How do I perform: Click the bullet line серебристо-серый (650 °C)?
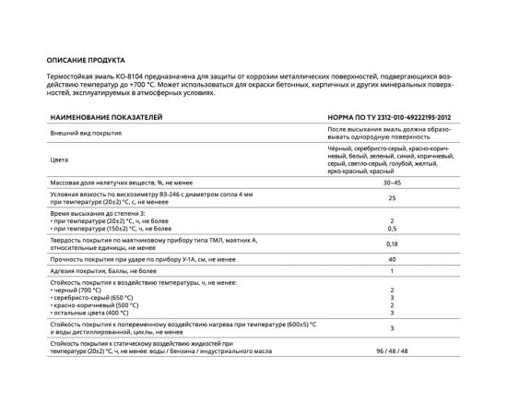(93, 299)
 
